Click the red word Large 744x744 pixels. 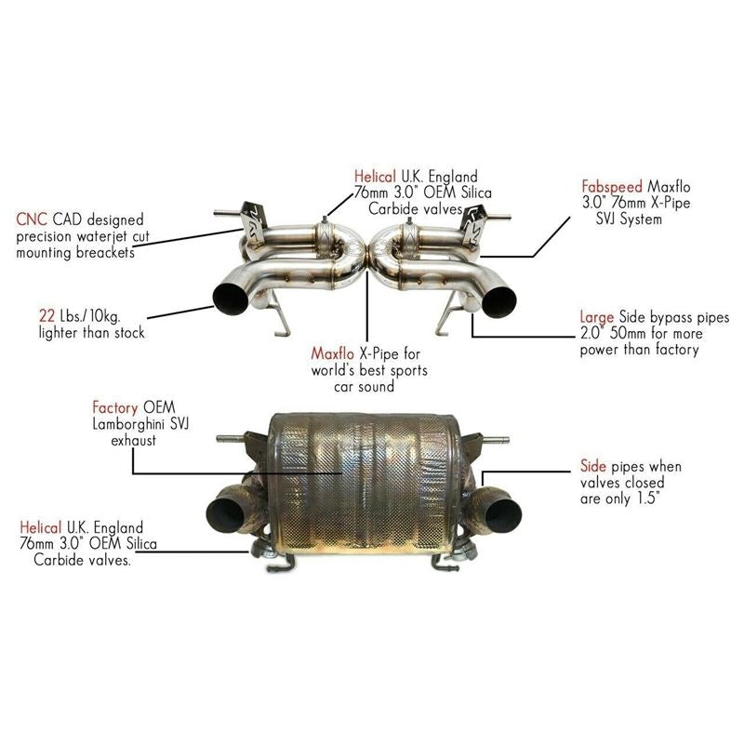[x=596, y=318]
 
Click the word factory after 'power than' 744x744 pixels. [x=667, y=351]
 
